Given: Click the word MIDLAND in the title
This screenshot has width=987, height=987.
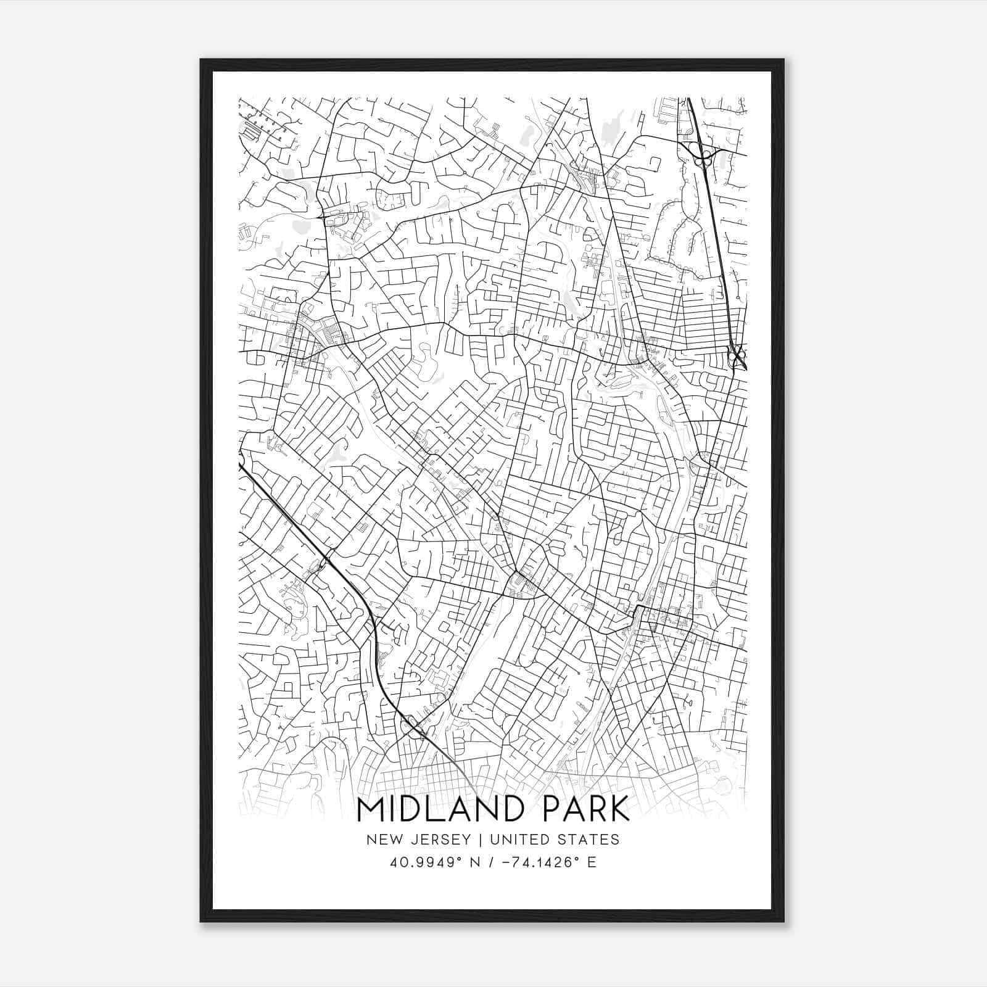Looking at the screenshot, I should click(x=441, y=809).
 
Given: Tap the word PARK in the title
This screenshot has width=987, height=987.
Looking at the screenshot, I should click(x=582, y=809).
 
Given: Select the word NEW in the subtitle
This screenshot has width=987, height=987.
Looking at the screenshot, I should click(x=382, y=840).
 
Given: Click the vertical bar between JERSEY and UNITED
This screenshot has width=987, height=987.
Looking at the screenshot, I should click(x=476, y=840).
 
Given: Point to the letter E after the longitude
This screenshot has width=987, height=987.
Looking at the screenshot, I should click(x=591, y=862).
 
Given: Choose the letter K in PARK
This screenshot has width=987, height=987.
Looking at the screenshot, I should click(x=620, y=809).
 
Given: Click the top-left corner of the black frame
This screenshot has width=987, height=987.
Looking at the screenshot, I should click(x=201, y=60).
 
